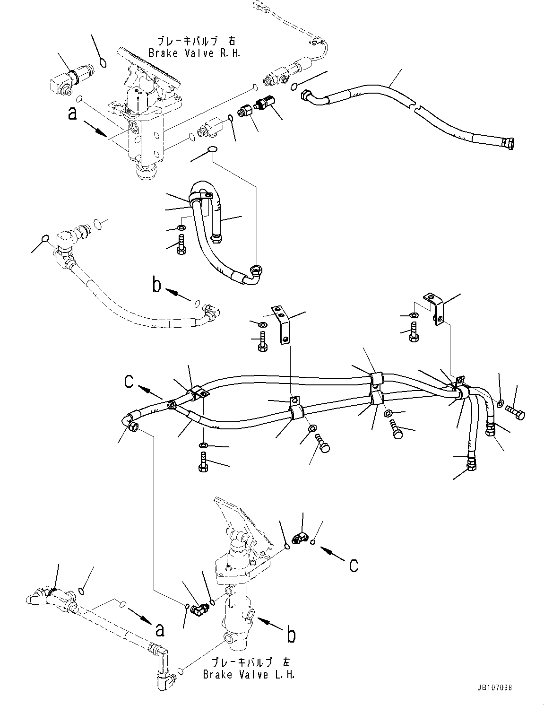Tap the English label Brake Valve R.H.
pyautogui.click(x=194, y=53)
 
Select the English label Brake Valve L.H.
pyautogui.click(x=249, y=674)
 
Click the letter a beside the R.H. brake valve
pyautogui.click(x=72, y=113)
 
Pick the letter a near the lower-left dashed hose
pyautogui.click(x=160, y=630)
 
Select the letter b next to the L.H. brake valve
pyautogui.click(x=291, y=635)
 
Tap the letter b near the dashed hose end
pyautogui.click(x=156, y=285)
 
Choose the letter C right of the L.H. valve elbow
pyautogui.click(x=353, y=565)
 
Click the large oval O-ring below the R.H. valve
pyautogui.click(x=212, y=150)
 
